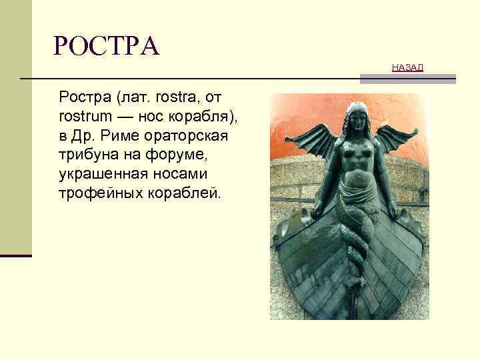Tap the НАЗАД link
click(407, 67)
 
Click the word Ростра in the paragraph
click(85, 99)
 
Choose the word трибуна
click(86, 155)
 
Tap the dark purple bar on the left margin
click(16, 255)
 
